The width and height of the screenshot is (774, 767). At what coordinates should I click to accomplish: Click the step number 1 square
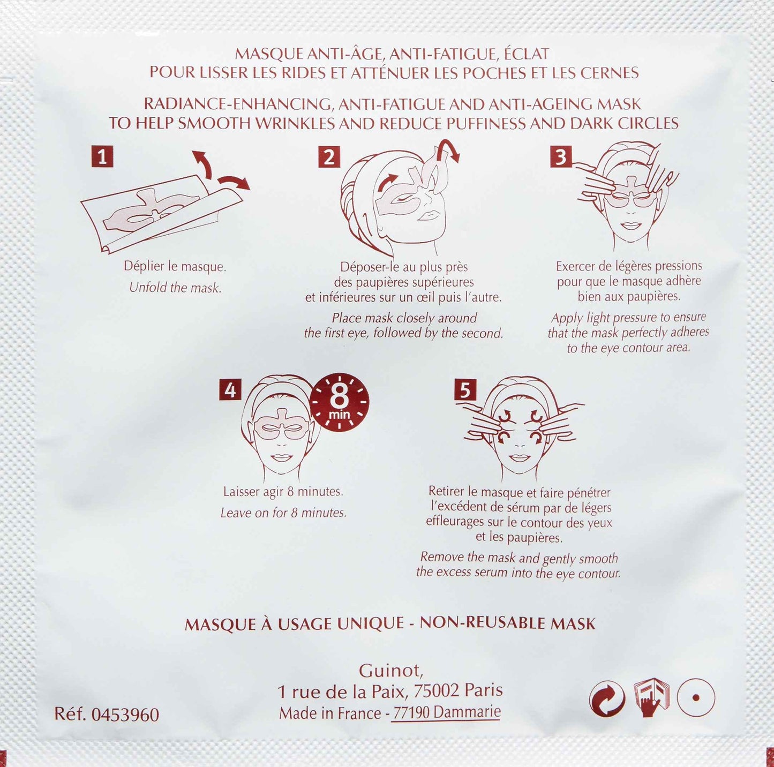click(x=102, y=156)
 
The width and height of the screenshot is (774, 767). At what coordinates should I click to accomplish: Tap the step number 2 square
click(x=329, y=157)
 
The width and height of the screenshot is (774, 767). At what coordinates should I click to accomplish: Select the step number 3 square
click(x=561, y=157)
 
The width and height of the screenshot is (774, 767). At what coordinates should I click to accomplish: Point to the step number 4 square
click(x=230, y=389)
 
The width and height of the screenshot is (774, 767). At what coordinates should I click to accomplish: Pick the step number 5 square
click(x=465, y=389)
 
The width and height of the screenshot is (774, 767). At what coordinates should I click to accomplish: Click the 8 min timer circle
click(x=339, y=402)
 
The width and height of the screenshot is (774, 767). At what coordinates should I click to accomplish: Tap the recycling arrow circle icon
click(x=607, y=698)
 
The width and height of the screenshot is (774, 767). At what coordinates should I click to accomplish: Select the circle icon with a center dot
click(x=696, y=698)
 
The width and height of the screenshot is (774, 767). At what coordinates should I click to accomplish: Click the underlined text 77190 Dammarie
click(x=447, y=712)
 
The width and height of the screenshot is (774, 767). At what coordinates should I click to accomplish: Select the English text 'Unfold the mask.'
click(x=175, y=288)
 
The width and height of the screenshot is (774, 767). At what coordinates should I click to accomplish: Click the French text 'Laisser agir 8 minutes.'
click(x=283, y=492)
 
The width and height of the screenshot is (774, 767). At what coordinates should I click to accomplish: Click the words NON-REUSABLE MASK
click(x=507, y=623)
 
